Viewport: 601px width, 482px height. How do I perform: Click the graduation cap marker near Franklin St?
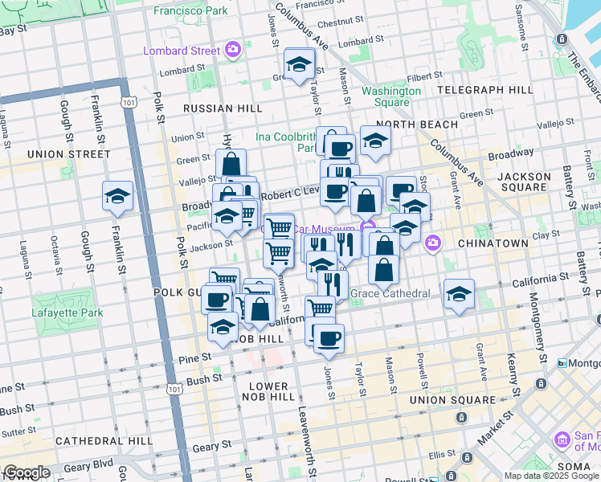117,196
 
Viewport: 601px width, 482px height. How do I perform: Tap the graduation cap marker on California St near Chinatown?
459,293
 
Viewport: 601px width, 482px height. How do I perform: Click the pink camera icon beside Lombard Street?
232,50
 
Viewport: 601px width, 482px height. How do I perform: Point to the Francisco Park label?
190,11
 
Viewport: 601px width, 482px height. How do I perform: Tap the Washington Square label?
391,96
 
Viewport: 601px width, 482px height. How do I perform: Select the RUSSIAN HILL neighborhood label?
212,108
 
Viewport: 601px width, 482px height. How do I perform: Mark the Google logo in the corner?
27,472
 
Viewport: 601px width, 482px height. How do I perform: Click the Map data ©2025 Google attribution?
550,476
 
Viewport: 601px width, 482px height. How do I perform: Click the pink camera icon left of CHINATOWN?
433,242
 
